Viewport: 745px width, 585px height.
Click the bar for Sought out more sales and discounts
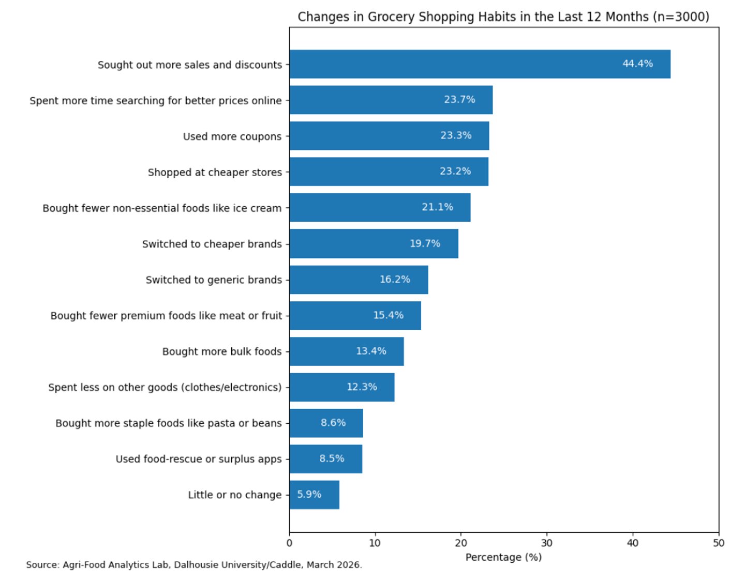click(466, 64)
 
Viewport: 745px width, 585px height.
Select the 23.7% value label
click(459, 99)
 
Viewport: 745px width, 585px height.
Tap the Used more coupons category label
click(232, 136)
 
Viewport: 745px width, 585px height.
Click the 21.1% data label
click(437, 207)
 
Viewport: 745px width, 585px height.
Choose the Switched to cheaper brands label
click(212, 244)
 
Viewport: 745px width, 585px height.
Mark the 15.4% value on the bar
click(388, 315)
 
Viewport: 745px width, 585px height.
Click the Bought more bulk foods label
click(222, 351)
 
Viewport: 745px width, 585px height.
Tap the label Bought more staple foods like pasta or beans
click(169, 423)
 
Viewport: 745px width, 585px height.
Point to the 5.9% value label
click(309, 495)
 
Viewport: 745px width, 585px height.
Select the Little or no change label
click(234, 495)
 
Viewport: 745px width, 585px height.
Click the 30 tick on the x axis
click(546, 543)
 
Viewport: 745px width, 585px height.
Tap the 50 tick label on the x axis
click(718, 543)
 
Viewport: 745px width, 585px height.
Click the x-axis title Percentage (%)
click(503, 557)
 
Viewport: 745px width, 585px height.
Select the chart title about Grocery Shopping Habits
click(503, 17)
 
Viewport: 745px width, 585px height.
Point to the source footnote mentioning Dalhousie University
click(194, 565)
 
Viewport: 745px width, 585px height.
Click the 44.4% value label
click(637, 64)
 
